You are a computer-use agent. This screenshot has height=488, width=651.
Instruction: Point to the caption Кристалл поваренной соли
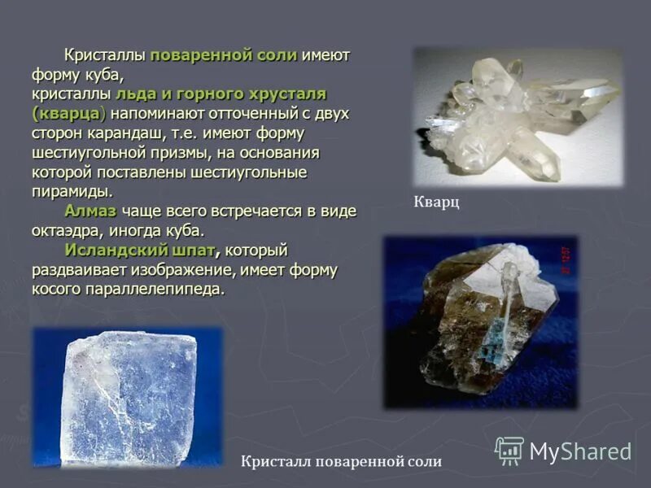point(341,462)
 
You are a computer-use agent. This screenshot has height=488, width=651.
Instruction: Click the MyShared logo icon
point(509,451)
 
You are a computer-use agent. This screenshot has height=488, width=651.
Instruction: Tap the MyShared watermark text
point(580,452)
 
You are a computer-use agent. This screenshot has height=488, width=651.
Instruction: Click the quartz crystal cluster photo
point(516,116)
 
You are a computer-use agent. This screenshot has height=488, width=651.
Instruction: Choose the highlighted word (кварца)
point(70,114)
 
